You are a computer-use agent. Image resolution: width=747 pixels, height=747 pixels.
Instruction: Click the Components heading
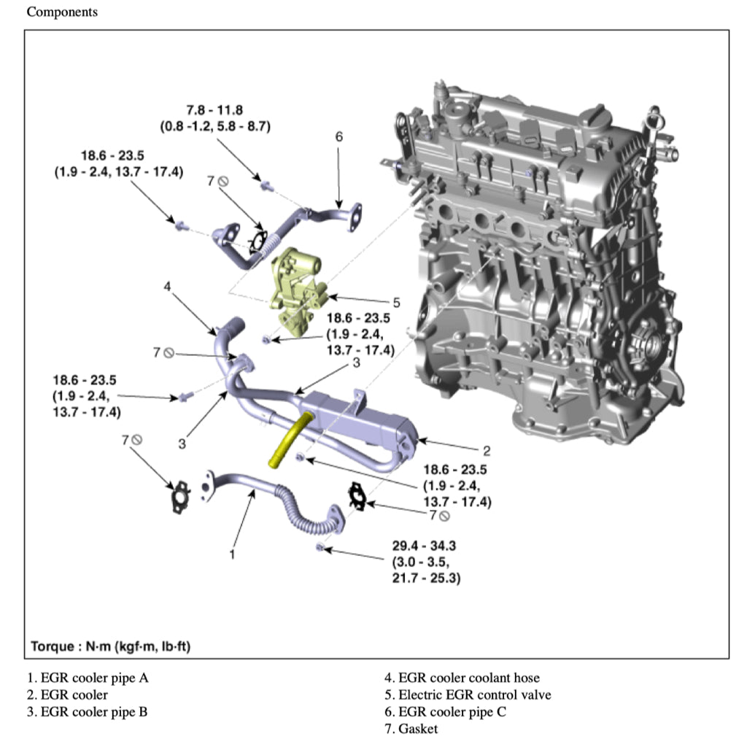[62, 12]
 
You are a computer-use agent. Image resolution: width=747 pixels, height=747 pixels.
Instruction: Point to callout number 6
[338, 136]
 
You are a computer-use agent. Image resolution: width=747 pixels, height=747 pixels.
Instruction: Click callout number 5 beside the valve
[396, 301]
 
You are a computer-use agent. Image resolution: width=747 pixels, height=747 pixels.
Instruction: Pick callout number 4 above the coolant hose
[167, 287]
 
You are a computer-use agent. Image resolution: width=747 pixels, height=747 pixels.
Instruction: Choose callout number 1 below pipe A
[232, 554]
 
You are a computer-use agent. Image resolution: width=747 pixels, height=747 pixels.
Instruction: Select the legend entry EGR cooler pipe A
[88, 678]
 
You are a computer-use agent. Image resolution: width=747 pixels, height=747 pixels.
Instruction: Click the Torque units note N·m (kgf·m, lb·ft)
[110, 646]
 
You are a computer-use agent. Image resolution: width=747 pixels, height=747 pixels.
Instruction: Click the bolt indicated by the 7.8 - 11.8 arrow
[266, 185]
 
